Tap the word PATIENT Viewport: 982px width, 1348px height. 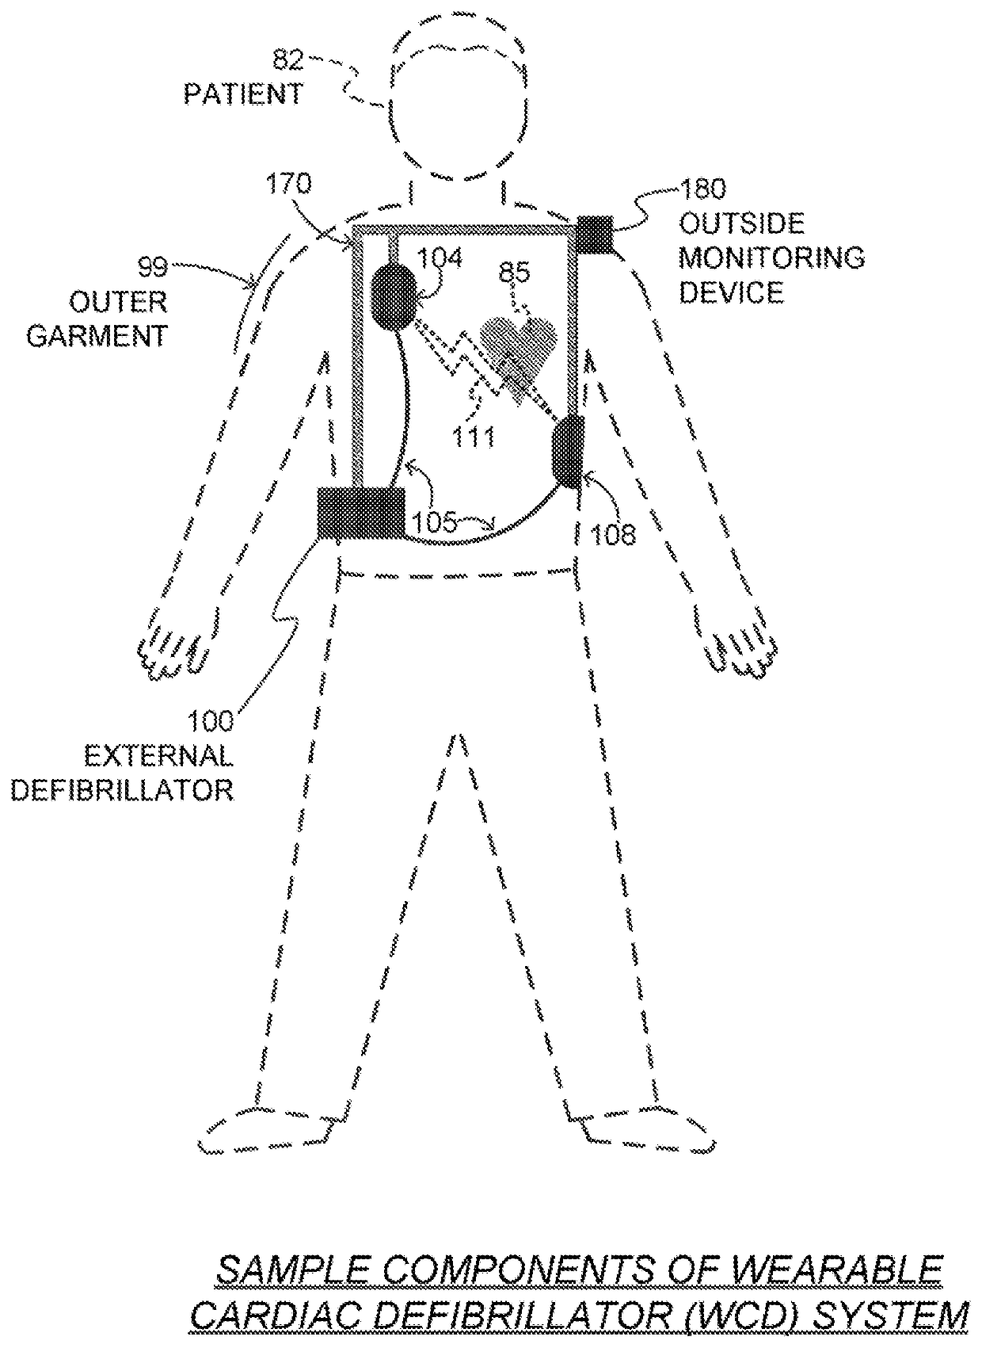pos(243,94)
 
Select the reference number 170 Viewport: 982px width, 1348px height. pos(288,185)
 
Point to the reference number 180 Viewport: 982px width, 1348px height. pos(702,189)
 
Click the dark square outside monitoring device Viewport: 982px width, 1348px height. pos(596,234)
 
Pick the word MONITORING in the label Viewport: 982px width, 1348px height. pos(771,258)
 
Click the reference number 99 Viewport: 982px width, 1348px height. pos(153,267)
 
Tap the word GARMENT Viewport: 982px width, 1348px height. pos(97,336)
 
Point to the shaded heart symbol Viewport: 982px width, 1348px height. pos(519,346)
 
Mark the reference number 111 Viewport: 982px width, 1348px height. pos(474,436)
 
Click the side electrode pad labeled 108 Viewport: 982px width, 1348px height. pos(567,453)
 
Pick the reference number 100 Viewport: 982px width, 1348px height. pos(210,721)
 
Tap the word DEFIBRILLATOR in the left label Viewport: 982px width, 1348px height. pos(122,790)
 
